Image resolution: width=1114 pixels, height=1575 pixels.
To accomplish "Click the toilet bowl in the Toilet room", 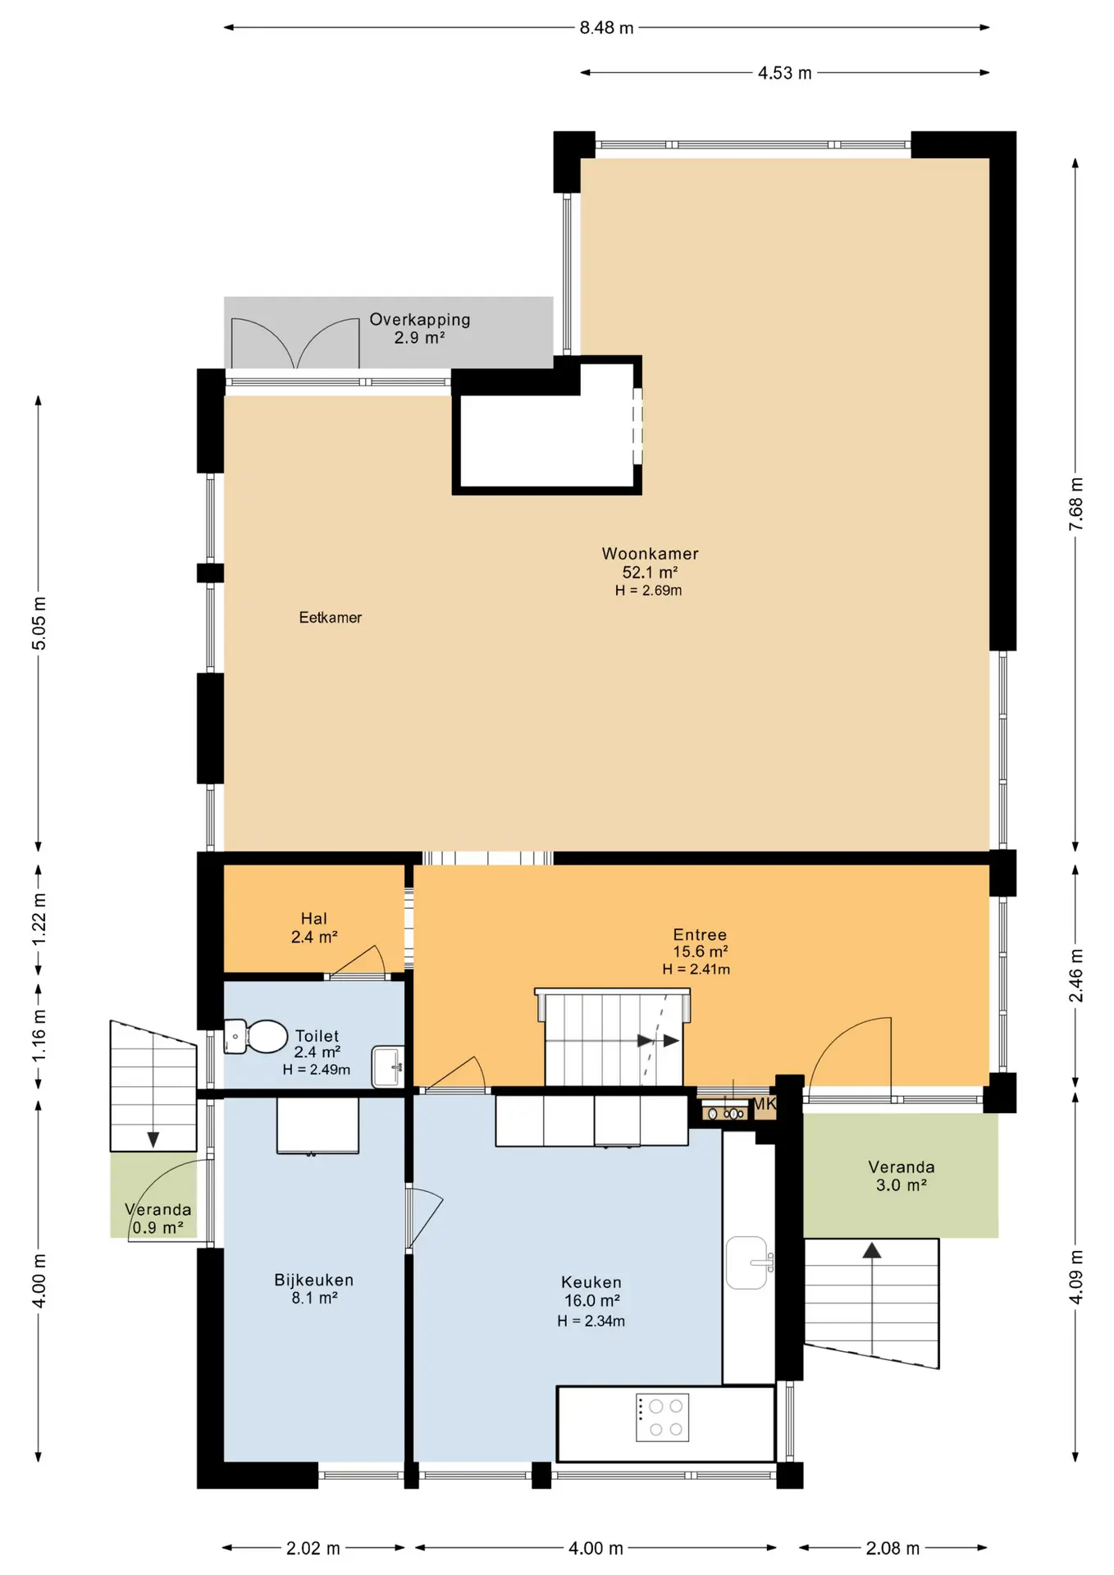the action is (x=256, y=1036).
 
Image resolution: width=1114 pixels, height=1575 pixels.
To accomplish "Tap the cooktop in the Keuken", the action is (x=662, y=1417).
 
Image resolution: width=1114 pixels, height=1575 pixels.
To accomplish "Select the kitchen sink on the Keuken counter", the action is (x=747, y=1262).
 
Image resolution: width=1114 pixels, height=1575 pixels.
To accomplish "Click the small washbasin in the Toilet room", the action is (x=387, y=1066).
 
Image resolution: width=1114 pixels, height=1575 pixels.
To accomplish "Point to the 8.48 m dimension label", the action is (x=607, y=28).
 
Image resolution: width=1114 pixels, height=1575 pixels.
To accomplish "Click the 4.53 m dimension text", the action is (x=785, y=73).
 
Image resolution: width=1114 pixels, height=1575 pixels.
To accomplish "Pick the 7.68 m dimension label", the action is (x=1076, y=504).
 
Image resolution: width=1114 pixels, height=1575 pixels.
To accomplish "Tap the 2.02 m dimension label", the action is (x=313, y=1548).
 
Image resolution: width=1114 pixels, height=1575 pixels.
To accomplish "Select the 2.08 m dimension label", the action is (x=893, y=1548).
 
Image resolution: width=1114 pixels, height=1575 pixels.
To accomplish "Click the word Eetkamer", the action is (x=330, y=618).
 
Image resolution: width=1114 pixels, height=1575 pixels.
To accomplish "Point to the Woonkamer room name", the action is (x=651, y=554).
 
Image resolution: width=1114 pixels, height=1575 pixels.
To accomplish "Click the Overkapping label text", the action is (x=420, y=319).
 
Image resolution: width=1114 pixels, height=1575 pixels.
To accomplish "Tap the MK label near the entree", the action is (x=765, y=1104).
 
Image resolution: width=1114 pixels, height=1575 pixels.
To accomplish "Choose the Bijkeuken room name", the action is (x=314, y=1280).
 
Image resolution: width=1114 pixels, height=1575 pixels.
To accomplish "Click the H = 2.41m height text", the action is (x=696, y=969).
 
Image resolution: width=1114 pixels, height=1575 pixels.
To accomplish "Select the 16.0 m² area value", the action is (x=591, y=1300).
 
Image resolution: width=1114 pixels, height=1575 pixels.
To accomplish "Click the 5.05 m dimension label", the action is (x=39, y=623).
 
